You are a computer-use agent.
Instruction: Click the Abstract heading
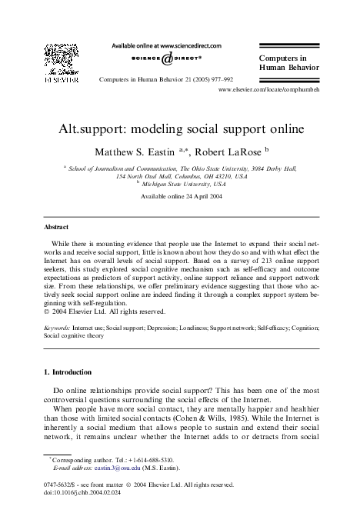pos(55,228)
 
